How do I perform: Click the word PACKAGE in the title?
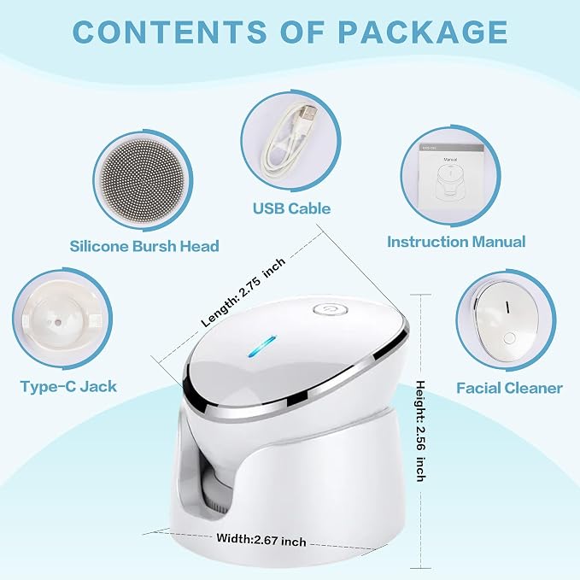423,32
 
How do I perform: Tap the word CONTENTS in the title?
170,32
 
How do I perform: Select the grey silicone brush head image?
143,180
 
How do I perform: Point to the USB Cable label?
291,208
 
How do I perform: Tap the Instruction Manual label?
456,242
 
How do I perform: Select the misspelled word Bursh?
155,246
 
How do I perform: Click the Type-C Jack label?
68,387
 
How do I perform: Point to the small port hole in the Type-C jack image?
58,322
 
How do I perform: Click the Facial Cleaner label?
509,388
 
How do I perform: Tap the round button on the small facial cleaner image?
509,338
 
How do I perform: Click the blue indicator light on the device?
262,347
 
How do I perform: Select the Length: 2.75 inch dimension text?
243,292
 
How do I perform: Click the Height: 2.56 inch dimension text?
420,431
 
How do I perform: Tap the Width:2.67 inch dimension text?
261,540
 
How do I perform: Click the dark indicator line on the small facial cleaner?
507,307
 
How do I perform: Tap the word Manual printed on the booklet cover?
450,160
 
